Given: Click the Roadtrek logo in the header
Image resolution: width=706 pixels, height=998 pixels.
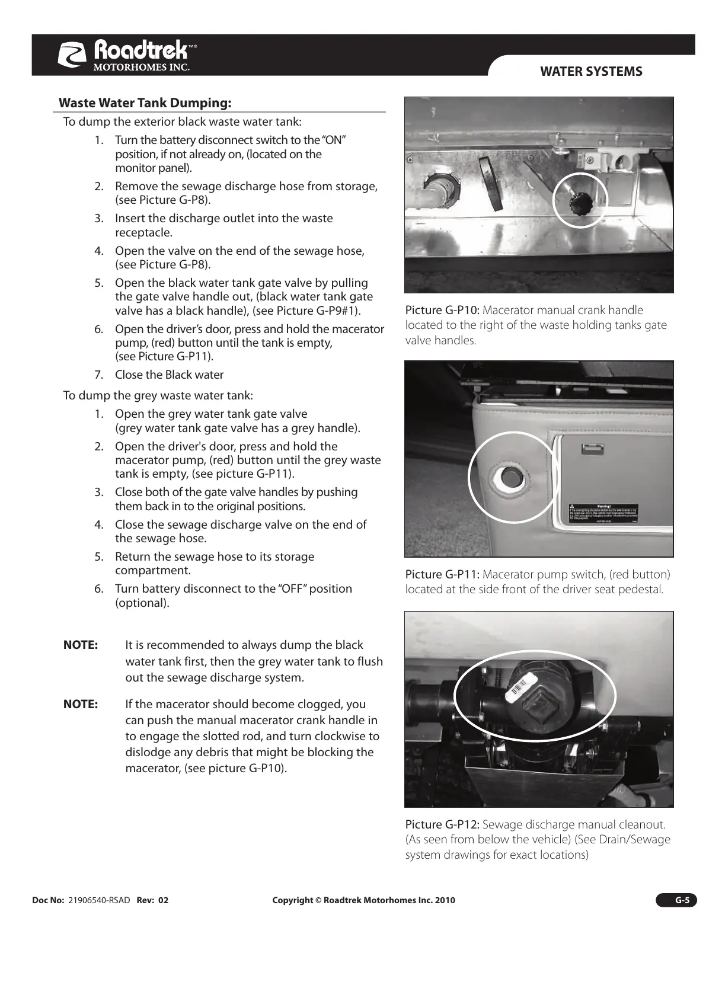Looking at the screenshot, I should tap(127, 56).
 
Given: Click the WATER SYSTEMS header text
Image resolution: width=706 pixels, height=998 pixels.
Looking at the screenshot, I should tap(591, 72).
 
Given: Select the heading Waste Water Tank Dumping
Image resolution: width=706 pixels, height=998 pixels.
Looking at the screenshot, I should tap(145, 103).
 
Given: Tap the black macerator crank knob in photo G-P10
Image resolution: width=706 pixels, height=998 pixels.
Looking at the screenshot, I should tap(577, 204).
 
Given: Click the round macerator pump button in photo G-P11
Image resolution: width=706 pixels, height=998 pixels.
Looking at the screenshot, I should tap(507, 475).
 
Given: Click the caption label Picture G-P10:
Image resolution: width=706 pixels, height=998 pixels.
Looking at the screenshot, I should tap(443, 310).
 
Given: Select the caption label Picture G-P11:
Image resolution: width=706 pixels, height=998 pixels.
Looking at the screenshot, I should tap(443, 574).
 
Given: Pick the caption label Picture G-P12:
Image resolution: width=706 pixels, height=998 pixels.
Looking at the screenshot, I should tap(443, 824).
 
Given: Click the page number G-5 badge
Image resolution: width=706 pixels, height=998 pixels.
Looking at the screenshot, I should tap(676, 900).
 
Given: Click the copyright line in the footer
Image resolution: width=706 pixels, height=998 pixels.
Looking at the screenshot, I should tap(363, 900).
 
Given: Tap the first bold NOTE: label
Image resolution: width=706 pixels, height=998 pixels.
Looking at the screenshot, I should tap(81, 645).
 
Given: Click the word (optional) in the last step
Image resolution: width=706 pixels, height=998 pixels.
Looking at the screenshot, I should tap(142, 603).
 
